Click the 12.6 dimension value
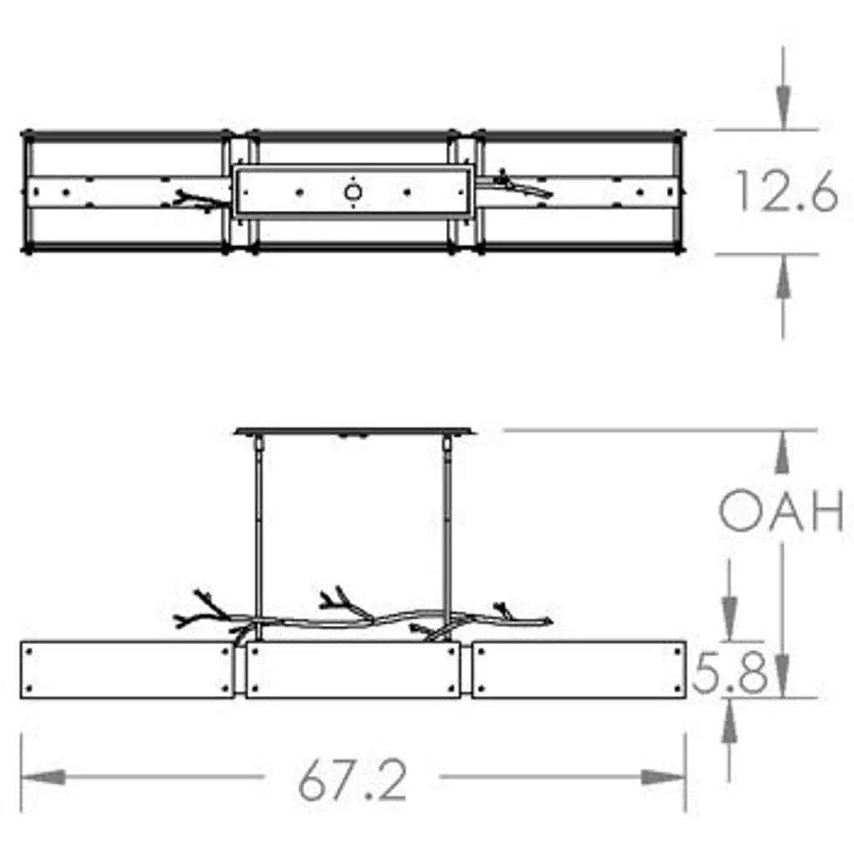786,191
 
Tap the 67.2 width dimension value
353,781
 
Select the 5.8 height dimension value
730,673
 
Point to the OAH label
781,510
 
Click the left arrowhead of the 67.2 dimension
43,776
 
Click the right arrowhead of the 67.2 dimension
663,776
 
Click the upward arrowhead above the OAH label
782,452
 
